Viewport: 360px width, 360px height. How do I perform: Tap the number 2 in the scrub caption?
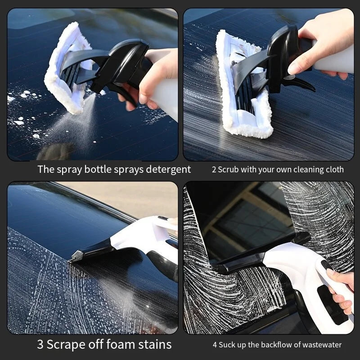[214, 170]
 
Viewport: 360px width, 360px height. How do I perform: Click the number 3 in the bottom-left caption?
[40, 345]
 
